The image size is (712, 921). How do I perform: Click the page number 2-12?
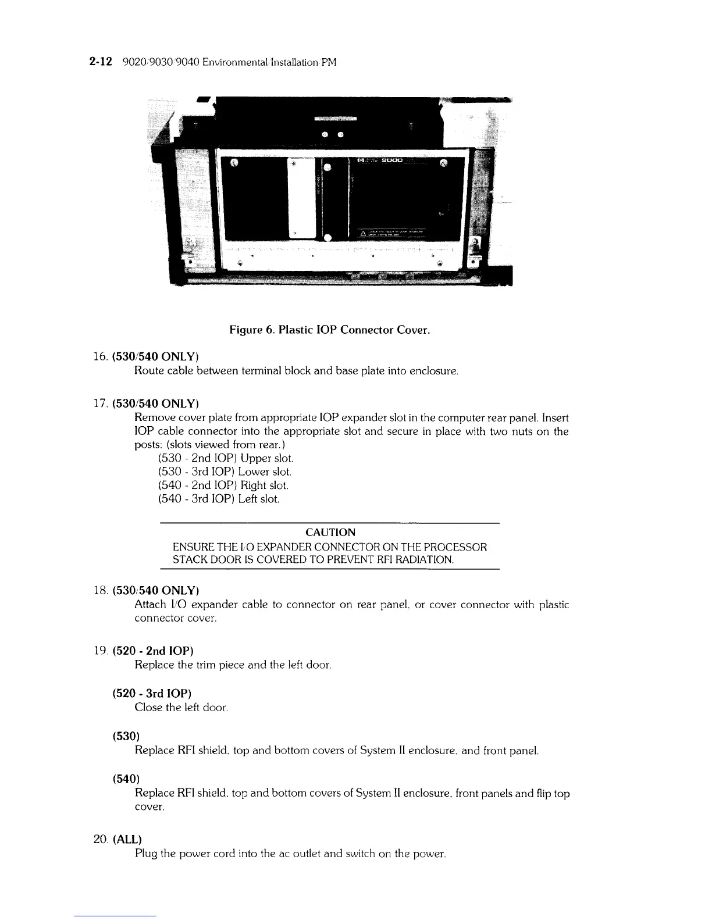[102, 62]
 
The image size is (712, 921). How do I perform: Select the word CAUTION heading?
[330, 532]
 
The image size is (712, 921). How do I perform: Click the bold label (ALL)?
[126, 839]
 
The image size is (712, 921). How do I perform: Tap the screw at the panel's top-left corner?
[234, 163]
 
